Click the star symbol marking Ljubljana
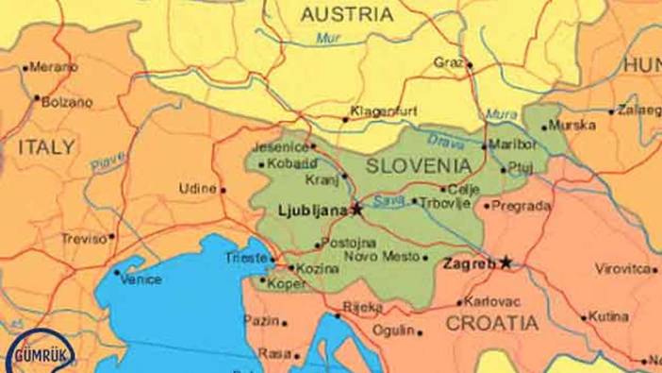(x=356, y=210)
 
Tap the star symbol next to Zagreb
(x=506, y=263)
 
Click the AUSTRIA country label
(x=346, y=14)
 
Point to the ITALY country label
(x=45, y=146)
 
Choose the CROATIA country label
(x=492, y=323)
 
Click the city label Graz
(x=448, y=62)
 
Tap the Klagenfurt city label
(x=384, y=111)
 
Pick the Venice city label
(x=141, y=280)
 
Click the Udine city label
(x=198, y=189)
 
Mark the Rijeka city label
(x=362, y=307)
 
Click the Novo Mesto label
(x=381, y=257)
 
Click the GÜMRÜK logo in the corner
(x=44, y=349)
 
